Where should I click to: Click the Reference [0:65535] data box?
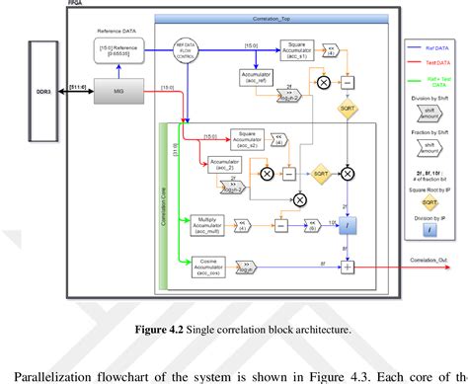[x=118, y=48]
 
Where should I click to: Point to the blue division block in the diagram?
[x=348, y=226]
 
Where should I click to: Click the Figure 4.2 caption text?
[x=233, y=330]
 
